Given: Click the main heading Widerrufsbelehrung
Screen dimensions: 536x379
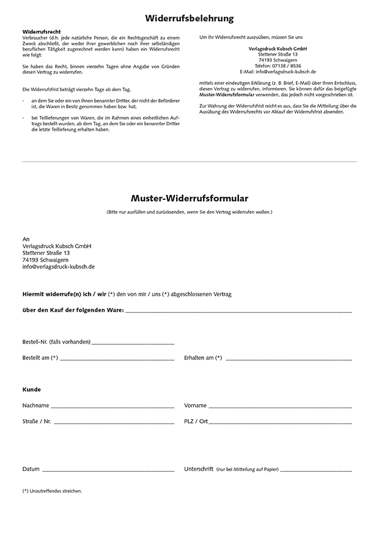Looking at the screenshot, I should (189, 19).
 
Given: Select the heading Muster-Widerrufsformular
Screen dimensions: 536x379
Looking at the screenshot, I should (189, 198).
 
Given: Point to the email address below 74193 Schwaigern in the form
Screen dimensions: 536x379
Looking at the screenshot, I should (58, 267).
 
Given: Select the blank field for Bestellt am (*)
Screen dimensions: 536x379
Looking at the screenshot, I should (117, 359).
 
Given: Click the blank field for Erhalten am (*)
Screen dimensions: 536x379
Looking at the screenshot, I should (287, 359).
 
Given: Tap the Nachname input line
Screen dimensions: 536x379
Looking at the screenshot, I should (112, 406).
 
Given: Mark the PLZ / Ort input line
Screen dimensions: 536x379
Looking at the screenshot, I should (281, 422).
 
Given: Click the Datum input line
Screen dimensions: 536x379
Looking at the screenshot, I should (108, 471).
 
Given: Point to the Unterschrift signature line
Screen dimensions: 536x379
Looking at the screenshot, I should (316, 471).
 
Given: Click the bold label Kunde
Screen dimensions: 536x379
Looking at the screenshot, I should (31, 389).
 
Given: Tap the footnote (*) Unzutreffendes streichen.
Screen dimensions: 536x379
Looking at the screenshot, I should (52, 491).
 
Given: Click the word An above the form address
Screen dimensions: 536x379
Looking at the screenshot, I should (26, 239).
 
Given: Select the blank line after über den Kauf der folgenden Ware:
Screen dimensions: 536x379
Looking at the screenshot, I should (238, 311).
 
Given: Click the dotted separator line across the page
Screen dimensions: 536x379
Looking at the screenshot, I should (189, 162).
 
